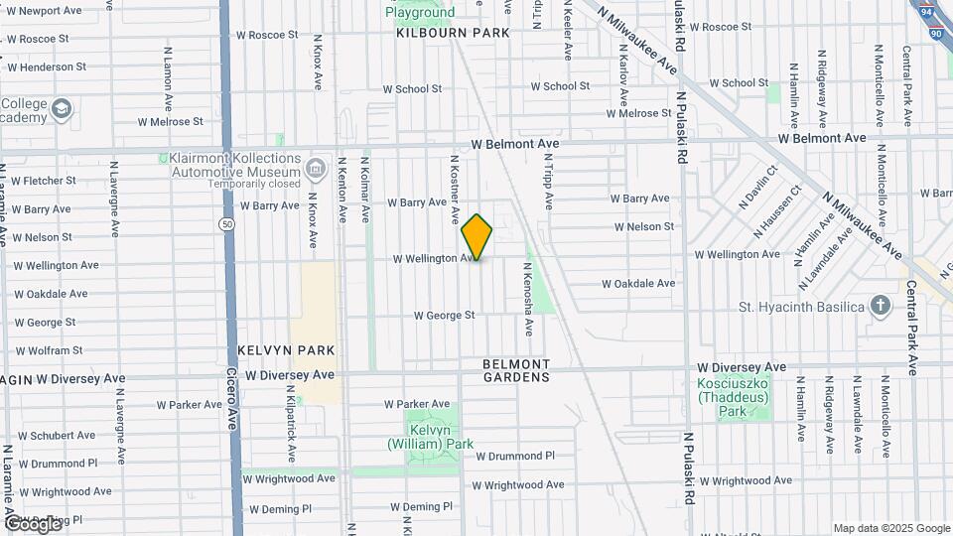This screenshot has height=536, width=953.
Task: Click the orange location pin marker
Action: point(476,236)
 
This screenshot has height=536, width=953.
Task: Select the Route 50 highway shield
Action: point(227,224)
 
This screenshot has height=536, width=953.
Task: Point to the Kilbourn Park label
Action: point(453,33)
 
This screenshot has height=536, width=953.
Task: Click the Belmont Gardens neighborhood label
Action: point(516,370)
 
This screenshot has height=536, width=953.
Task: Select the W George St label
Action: point(445,316)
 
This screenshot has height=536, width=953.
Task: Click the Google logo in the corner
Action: point(34,523)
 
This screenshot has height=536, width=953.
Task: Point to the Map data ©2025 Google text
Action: point(890,528)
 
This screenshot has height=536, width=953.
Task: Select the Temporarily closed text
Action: point(255,184)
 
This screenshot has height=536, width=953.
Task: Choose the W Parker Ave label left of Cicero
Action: point(190,405)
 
